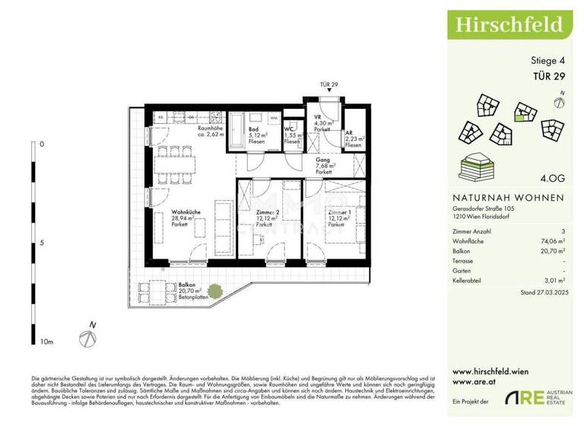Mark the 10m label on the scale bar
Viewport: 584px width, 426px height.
(46, 342)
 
